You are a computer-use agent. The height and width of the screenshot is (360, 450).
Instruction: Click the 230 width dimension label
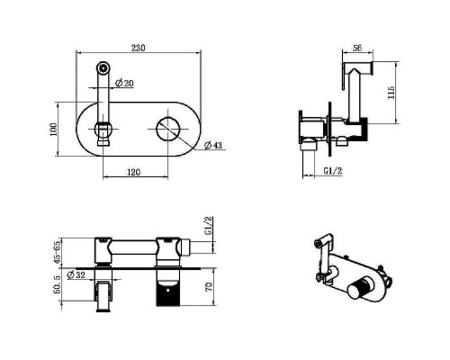tap(138, 48)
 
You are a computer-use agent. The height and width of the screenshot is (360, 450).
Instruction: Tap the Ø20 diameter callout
tap(124, 83)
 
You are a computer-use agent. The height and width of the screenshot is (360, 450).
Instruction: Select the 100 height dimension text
tap(53, 130)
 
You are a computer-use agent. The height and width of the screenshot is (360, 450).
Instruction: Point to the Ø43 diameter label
tap(213, 145)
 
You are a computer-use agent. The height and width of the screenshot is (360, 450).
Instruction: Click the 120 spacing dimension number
tap(134, 172)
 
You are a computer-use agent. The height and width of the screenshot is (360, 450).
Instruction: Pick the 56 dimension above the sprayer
tap(357, 48)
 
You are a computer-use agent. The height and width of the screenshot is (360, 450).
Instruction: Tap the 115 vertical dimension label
tap(391, 93)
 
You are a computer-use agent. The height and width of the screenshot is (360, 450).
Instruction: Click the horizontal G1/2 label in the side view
tap(333, 171)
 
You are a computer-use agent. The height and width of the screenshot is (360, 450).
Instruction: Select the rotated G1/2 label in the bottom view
tap(208, 226)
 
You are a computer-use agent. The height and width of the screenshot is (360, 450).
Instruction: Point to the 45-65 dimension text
tap(57, 252)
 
